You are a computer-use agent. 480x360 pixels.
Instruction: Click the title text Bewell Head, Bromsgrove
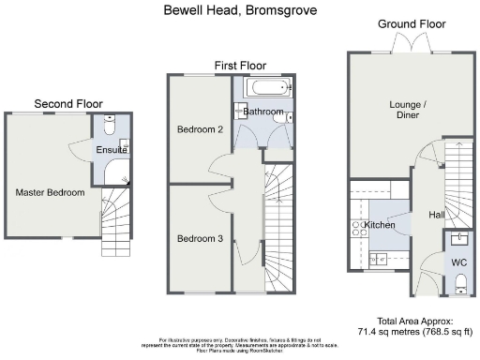pyautogui.click(x=240, y=10)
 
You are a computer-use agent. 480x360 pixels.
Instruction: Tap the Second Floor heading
pyautogui.click(x=68, y=103)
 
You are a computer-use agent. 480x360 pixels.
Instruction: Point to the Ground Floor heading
pyautogui.click(x=410, y=22)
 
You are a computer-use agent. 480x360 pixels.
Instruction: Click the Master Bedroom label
pyautogui.click(x=50, y=192)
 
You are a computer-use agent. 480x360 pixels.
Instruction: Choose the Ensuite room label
pyautogui.click(x=111, y=149)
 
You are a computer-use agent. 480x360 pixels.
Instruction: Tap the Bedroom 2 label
pyautogui.click(x=200, y=129)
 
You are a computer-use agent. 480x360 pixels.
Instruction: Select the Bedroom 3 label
pyautogui.click(x=200, y=238)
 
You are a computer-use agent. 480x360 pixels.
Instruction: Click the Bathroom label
pyautogui.click(x=262, y=112)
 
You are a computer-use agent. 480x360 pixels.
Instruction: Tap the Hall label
pyautogui.click(x=437, y=215)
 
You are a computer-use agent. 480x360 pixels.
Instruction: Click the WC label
pyautogui.click(x=459, y=262)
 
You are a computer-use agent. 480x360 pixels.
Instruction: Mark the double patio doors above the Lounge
pyautogui.click(x=409, y=46)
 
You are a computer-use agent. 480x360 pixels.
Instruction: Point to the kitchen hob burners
pyautogui.click(x=356, y=225)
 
